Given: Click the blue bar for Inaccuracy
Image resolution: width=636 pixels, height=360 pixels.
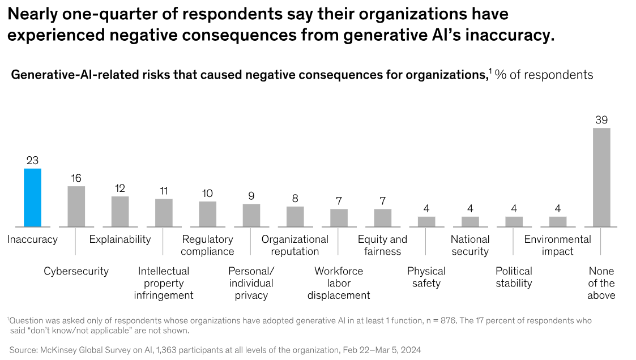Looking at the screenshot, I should (32, 198).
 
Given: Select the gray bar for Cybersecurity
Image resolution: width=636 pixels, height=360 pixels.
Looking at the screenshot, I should (76, 207).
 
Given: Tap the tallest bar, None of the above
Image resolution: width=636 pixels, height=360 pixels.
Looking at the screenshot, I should (601, 177).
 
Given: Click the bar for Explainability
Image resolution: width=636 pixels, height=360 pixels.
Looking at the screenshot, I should (120, 212).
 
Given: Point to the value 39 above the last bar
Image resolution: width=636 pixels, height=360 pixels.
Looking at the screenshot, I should (601, 120).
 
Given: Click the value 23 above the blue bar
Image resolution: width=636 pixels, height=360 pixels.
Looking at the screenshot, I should (32, 161).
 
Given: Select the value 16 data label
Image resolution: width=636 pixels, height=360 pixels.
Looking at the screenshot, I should (76, 178).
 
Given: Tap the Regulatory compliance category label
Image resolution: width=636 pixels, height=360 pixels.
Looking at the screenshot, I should (207, 245).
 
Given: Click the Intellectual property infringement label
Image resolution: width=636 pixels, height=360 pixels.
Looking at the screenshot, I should (164, 283).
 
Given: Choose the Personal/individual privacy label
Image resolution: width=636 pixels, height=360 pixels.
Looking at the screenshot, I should (251, 283).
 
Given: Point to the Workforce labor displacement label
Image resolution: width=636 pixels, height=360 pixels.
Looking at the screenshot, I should (339, 283).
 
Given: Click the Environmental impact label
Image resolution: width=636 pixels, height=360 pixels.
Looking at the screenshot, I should (557, 245).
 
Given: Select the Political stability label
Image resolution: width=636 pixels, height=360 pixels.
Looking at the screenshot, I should (514, 277).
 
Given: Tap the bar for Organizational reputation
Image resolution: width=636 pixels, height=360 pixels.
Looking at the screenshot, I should (295, 217).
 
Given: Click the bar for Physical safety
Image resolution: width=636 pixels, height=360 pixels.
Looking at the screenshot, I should (426, 222).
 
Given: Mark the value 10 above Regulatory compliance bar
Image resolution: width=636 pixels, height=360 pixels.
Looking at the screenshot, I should (207, 194).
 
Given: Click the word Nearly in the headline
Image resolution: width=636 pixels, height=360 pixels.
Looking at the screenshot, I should (32, 14).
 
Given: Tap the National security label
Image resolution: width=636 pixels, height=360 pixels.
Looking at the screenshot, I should (470, 245).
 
